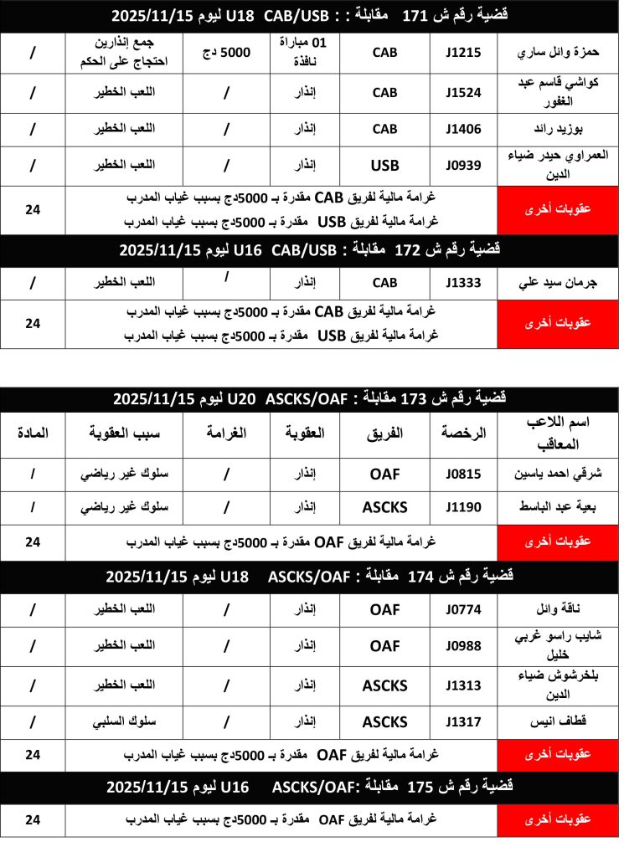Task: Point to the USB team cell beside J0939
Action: click(x=384, y=166)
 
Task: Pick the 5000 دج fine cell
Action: click(x=226, y=52)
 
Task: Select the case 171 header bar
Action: click(x=312, y=15)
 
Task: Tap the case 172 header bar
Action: click(x=312, y=249)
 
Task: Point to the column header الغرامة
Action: click(x=226, y=433)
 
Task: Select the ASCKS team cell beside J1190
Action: click(x=384, y=506)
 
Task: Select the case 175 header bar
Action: click(x=312, y=788)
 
